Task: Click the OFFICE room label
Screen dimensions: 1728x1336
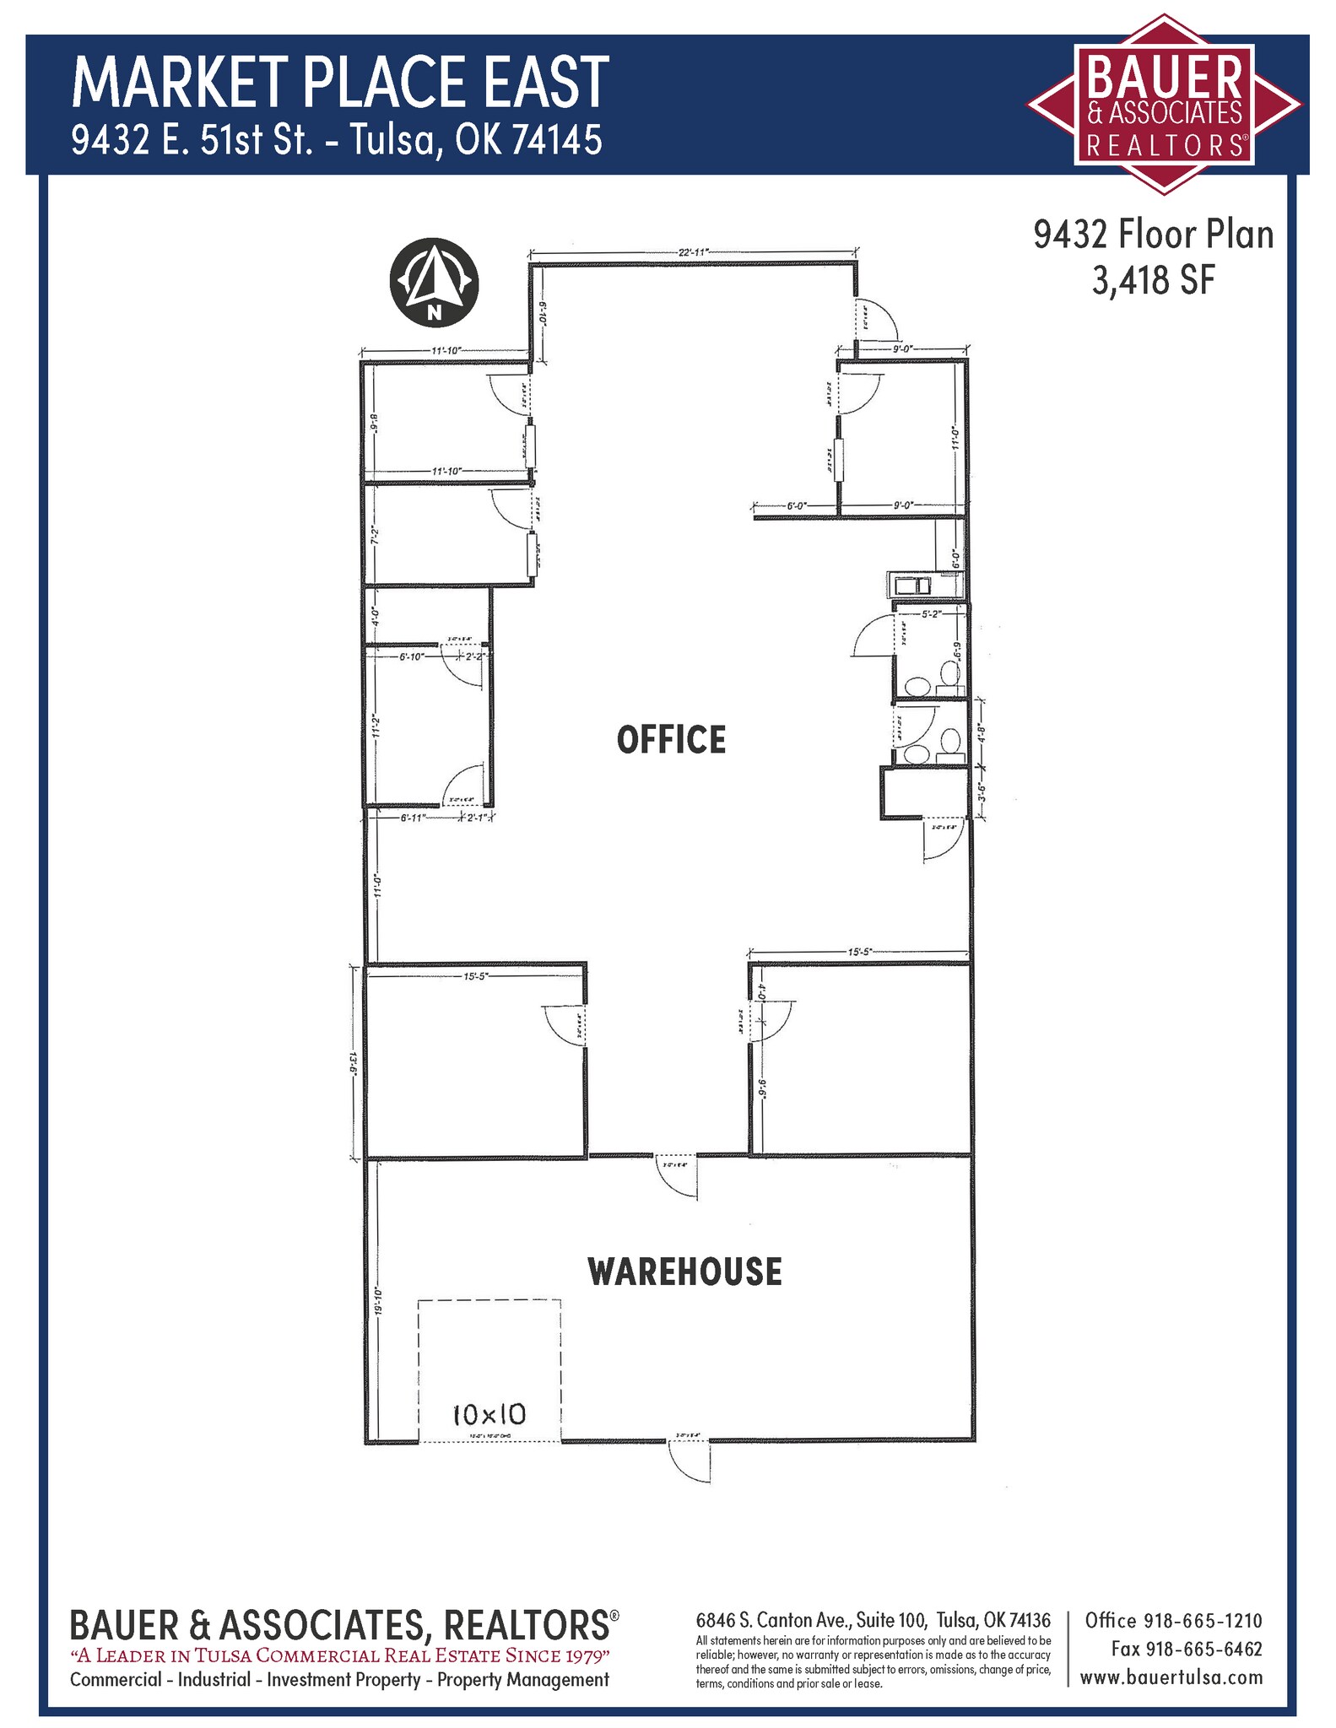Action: tap(671, 739)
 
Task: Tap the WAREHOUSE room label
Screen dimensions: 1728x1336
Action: tap(684, 1272)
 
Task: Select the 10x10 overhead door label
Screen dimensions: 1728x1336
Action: tap(489, 1413)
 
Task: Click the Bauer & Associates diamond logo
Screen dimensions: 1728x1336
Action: tap(1165, 104)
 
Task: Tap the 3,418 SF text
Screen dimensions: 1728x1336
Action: tap(1153, 281)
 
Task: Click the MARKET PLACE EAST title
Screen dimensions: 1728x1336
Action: tap(340, 82)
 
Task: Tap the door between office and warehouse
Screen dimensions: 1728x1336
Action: tap(677, 1176)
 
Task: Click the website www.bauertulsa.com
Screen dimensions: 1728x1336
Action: tap(1171, 1677)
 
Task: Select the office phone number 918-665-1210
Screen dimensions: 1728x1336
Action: tap(1202, 1620)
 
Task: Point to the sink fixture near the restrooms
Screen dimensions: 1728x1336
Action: tap(908, 585)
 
